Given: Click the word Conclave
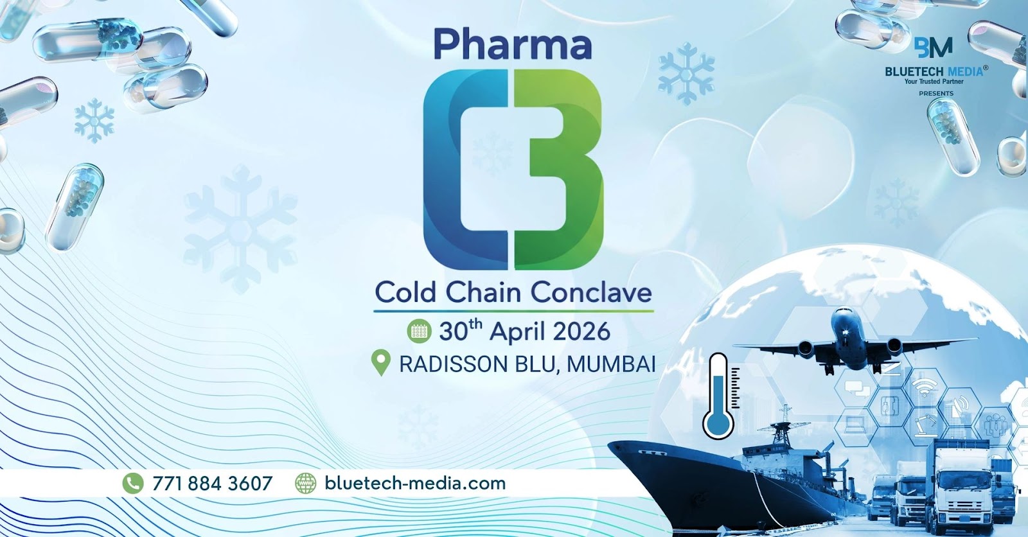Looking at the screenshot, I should coord(591,292).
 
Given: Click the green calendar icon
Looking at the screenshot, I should coord(419,331).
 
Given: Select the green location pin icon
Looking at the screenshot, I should coord(382,364).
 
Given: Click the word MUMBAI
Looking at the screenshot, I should coord(611,364).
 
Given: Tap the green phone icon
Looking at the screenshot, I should coord(132,483).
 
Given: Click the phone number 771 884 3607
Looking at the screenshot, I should coord(212,483).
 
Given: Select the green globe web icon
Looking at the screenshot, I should coord(305,483).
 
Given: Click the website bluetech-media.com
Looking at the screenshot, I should coord(415,483).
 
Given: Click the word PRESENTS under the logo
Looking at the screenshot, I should coord(936,94).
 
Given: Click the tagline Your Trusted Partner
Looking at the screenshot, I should coord(934,82).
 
